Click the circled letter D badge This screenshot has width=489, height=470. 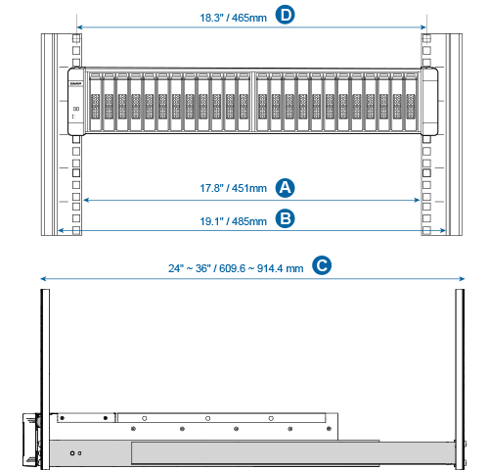pyautogui.click(x=285, y=15)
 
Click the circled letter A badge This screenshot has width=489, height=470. pyautogui.click(x=285, y=188)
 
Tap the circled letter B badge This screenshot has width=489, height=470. pyautogui.click(x=285, y=219)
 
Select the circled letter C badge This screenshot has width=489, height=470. pyautogui.click(x=322, y=265)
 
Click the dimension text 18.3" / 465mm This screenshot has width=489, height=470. pyautogui.click(x=233, y=18)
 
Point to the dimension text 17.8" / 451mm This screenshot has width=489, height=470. pyautogui.click(x=233, y=188)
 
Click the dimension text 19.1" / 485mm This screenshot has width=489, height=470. pyautogui.click(x=233, y=221)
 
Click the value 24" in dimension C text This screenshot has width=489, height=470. pyautogui.click(x=176, y=268)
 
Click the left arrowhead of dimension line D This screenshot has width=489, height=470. pyautogui.click(x=79, y=27)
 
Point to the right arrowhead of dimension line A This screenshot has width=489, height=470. pyautogui.click(x=417, y=200)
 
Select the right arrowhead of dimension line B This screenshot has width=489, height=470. pyautogui.click(x=443, y=231)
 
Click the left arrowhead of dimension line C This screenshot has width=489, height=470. pyautogui.click(x=43, y=279)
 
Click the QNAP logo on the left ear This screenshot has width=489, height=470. pyautogui.click(x=75, y=84)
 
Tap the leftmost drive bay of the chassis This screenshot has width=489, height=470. pyautogui.click(x=95, y=102)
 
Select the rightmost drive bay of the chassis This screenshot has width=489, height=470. pyautogui.click(x=411, y=102)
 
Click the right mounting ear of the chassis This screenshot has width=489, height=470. pyautogui.click(x=429, y=101)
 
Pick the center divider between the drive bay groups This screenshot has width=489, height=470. pyautogui.click(x=253, y=102)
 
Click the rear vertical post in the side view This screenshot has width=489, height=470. pyautogui.click(x=460, y=379)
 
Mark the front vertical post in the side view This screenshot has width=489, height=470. pyautogui.click(x=45, y=379)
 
